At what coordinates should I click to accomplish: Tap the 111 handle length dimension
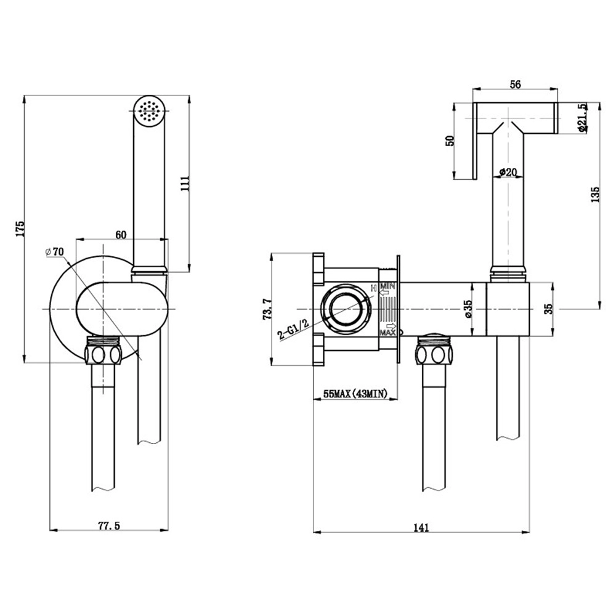coord(185,184)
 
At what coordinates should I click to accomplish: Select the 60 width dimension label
coord(121,235)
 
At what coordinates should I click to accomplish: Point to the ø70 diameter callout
coord(55,251)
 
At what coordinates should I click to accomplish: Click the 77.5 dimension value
coord(109,525)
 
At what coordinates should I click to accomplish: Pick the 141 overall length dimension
coord(421,528)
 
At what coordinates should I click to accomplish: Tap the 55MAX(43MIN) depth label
coord(355,393)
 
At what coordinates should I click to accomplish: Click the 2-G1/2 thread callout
coord(293,329)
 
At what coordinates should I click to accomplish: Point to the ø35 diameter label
coord(468,309)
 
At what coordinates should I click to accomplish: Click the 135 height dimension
coord(596,195)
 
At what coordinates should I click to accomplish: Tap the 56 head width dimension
coord(515,84)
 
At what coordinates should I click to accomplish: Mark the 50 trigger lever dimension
coord(451,140)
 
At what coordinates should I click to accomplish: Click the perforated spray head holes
coord(149,110)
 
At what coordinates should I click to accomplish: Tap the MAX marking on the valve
coord(387,333)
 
